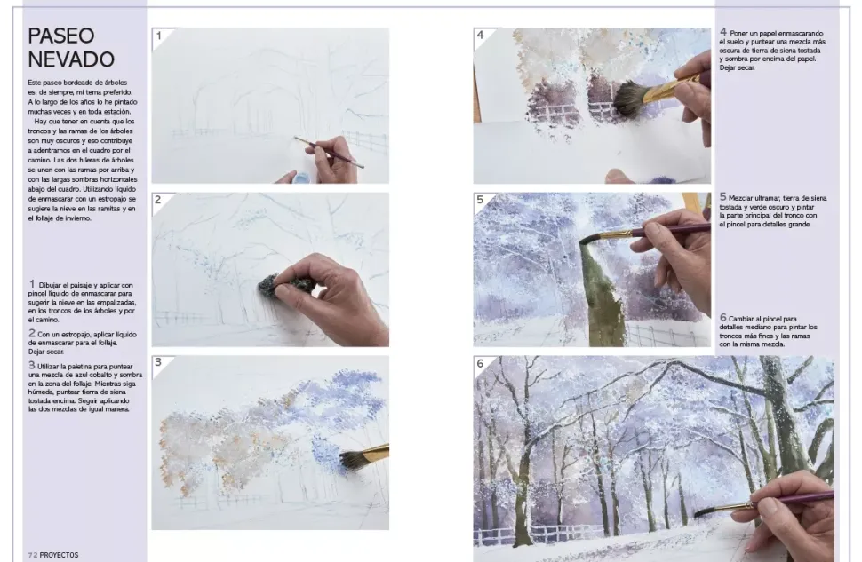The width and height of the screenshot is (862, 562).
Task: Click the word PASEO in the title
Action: [61, 36]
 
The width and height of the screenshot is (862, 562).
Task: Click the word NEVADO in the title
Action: [71, 59]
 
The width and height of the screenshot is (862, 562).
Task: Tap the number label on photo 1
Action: [159, 36]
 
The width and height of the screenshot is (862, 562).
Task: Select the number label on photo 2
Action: [158, 200]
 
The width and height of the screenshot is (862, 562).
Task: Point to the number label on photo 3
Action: [158, 362]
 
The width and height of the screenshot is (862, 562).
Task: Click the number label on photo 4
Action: [480, 36]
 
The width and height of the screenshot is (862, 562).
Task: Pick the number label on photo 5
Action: [480, 200]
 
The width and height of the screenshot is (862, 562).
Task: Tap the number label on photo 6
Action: [480, 363]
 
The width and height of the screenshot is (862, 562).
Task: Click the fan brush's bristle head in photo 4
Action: [629, 99]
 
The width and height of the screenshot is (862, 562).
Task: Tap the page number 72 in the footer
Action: [32, 555]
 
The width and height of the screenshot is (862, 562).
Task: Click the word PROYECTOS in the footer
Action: [59, 555]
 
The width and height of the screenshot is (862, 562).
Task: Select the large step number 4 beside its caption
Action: [723, 33]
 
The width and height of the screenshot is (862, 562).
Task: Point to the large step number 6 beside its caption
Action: [723, 318]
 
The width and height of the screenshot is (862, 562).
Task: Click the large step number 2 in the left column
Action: [32, 333]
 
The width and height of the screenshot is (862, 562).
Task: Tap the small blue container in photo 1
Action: [300, 178]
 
